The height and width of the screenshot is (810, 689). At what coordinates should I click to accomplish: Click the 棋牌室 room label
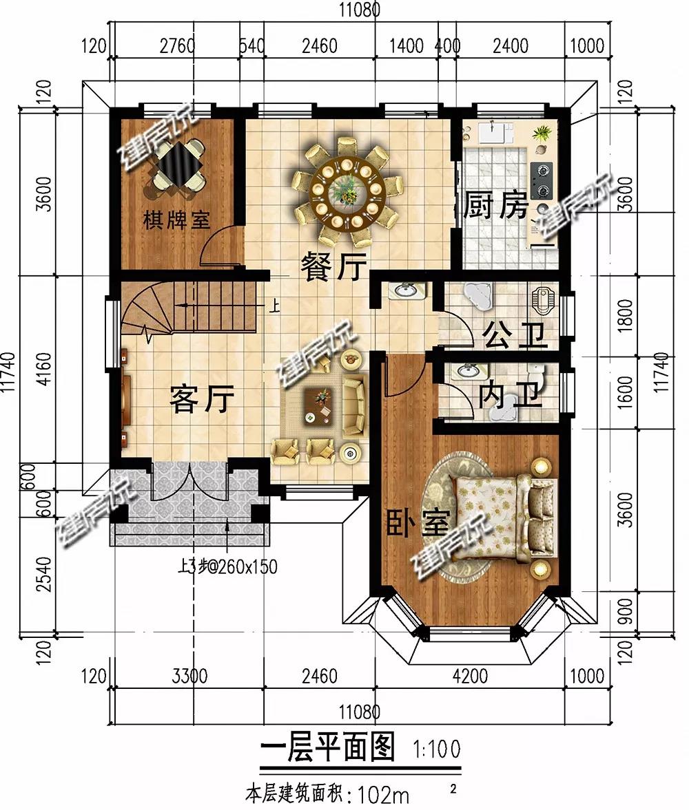point(176,221)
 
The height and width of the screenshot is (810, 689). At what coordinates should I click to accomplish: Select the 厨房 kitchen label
point(495,206)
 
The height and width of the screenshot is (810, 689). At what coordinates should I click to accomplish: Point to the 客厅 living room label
point(202,398)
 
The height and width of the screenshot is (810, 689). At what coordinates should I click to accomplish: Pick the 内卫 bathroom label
point(509,395)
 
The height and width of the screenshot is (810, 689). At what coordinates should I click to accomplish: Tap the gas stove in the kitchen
point(541,181)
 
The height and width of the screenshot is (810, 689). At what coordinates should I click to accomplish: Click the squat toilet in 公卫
point(542,301)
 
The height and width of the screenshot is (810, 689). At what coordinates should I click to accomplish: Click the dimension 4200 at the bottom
point(470,676)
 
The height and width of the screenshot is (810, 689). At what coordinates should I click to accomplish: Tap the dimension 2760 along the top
point(178,46)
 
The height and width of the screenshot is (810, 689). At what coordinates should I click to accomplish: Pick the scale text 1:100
point(437,749)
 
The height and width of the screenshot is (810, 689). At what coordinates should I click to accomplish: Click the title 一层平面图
point(327,747)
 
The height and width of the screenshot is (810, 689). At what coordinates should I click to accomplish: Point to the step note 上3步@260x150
point(227,566)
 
